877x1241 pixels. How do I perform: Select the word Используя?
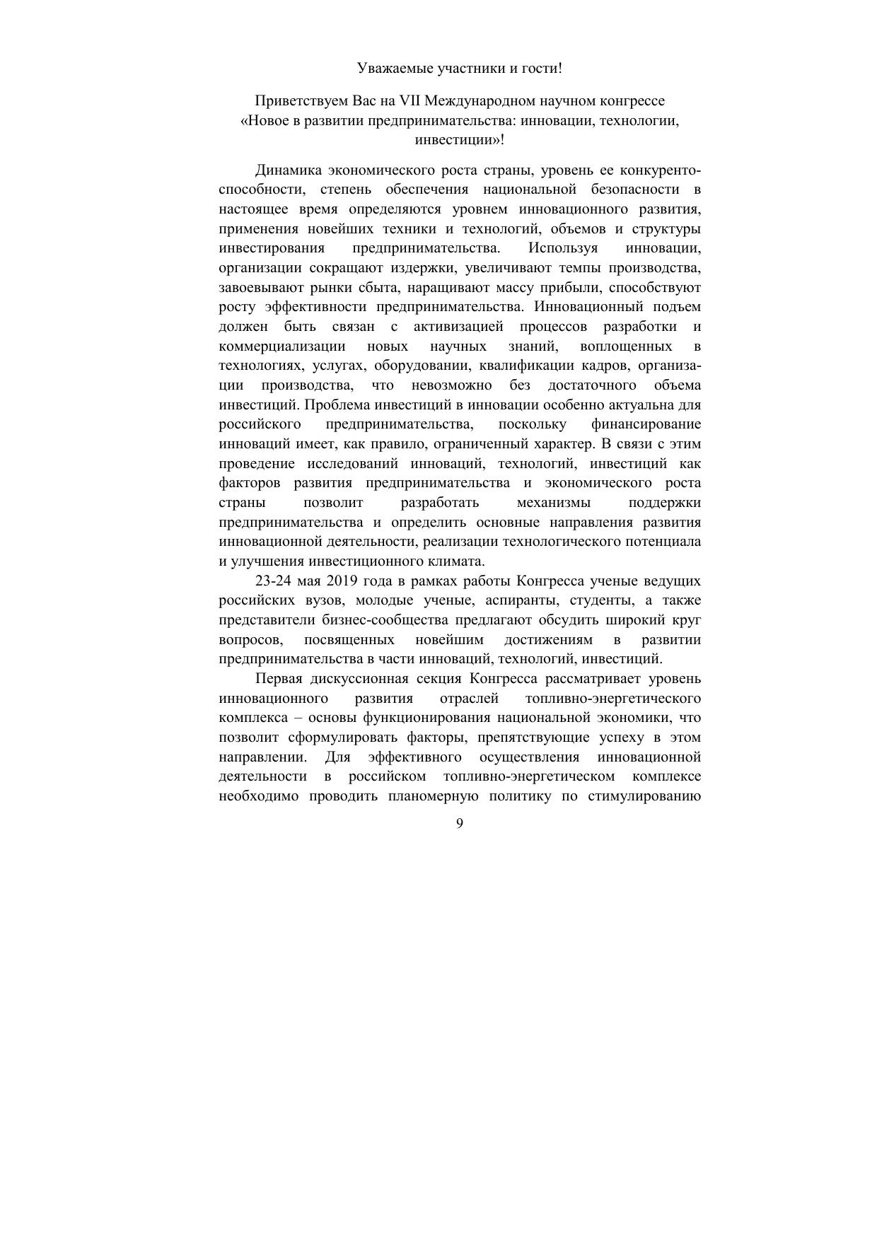(562, 248)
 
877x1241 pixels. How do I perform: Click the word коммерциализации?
(282, 346)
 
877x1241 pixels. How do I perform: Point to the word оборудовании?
(422, 366)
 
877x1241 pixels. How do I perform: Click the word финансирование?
(646, 424)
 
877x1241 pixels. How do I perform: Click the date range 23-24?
(272, 581)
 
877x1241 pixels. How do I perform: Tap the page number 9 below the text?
(460, 823)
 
